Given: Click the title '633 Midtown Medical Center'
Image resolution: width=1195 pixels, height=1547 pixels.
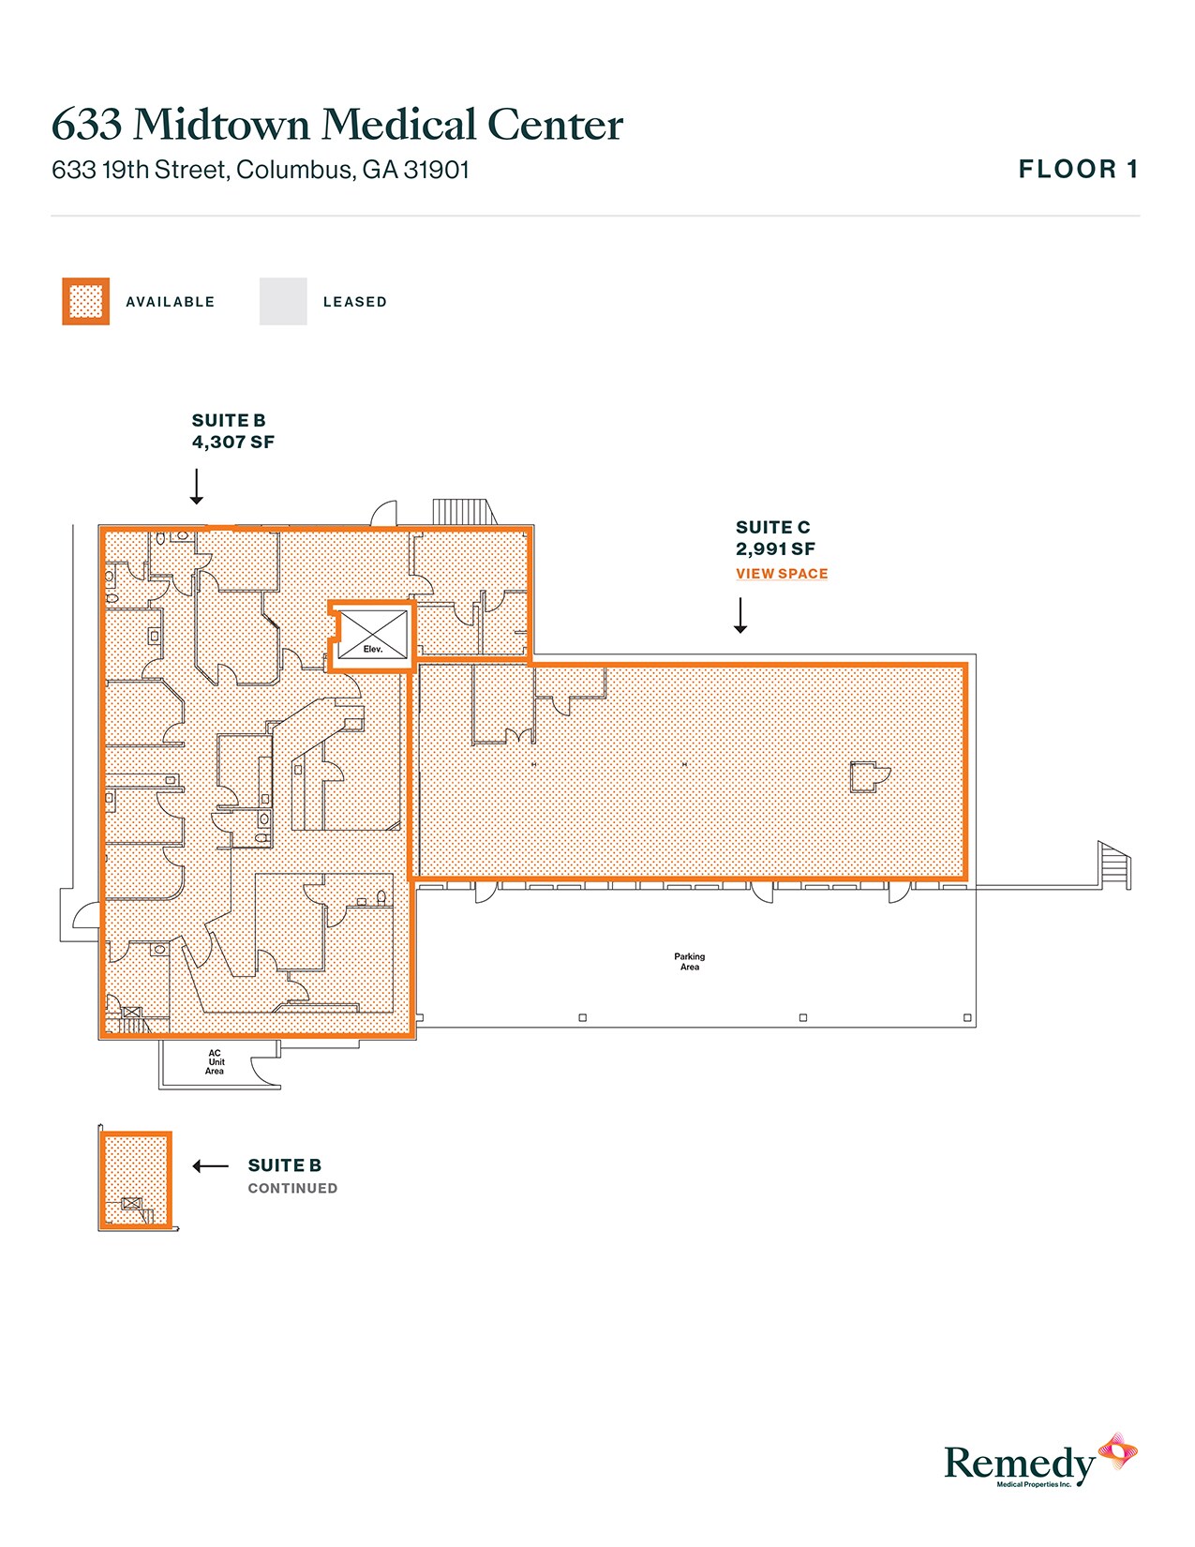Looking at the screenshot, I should pyautogui.click(x=337, y=125).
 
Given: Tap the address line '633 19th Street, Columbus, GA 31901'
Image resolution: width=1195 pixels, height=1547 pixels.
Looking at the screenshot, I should pyautogui.click(x=261, y=170).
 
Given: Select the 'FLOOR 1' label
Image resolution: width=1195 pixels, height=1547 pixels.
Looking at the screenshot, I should pyautogui.click(x=1078, y=170).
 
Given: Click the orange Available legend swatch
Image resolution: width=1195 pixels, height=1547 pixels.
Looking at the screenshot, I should pyautogui.click(x=86, y=301).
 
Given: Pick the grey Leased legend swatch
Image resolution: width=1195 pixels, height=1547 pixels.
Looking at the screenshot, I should pyautogui.click(x=283, y=301).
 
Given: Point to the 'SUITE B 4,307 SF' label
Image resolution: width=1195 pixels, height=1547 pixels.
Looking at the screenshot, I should pyautogui.click(x=232, y=431).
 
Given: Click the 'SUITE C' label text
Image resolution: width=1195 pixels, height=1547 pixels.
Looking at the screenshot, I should pyautogui.click(x=772, y=527).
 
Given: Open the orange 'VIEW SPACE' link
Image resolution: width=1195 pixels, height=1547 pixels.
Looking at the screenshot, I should pyautogui.click(x=782, y=574).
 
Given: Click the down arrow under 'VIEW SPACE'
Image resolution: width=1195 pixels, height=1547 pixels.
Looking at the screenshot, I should pyautogui.click(x=740, y=616).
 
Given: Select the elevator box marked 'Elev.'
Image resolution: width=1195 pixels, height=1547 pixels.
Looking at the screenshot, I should pyautogui.click(x=373, y=635).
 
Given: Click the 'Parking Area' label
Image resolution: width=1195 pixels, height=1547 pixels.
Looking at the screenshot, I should pyautogui.click(x=689, y=961).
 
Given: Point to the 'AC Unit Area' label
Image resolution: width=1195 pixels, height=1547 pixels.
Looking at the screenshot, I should pyautogui.click(x=216, y=1062).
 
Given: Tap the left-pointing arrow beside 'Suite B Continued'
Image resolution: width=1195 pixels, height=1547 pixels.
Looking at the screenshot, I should pyautogui.click(x=210, y=1166).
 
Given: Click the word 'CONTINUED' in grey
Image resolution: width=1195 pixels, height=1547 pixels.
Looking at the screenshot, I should pyautogui.click(x=292, y=1188).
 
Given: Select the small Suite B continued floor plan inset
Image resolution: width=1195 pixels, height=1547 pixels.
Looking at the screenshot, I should pyautogui.click(x=136, y=1179).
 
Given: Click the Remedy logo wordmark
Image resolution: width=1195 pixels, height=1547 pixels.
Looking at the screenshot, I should pyautogui.click(x=1019, y=1463).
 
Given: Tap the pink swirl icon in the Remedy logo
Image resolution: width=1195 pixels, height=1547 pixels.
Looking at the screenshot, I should pyautogui.click(x=1118, y=1451).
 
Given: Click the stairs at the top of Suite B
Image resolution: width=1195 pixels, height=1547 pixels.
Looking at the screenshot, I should pyautogui.click(x=462, y=512).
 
